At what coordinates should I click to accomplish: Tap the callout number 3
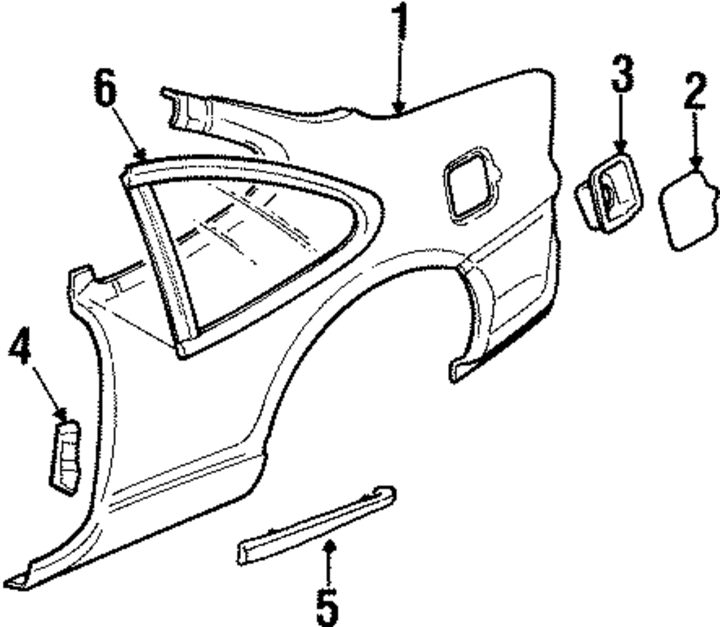pyautogui.click(x=622, y=74)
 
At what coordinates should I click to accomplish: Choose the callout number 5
pyautogui.click(x=327, y=607)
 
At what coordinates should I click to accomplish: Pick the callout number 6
pyautogui.click(x=105, y=91)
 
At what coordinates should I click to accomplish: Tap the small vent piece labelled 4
pyautogui.click(x=64, y=457)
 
